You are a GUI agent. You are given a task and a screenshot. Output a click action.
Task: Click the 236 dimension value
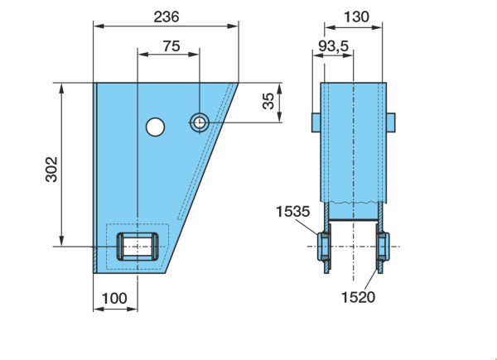point(166,17)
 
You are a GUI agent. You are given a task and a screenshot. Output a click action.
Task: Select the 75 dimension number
point(171,46)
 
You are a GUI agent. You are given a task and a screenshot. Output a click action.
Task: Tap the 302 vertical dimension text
point(51,169)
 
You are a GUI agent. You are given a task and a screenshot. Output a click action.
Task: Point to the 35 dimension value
point(268,101)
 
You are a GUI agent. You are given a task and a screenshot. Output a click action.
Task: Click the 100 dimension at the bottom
point(114,298)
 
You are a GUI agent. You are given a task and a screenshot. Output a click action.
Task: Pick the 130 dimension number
point(356,17)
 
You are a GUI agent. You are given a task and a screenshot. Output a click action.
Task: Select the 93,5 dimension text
point(334,46)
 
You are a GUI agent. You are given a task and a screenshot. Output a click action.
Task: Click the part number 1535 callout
point(293,212)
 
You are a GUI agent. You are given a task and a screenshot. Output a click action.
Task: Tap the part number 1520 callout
point(358,297)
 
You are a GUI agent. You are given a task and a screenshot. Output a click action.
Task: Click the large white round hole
point(156,127)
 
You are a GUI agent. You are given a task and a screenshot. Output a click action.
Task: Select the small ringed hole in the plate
point(199,122)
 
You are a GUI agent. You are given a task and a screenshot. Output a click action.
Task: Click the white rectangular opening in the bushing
point(138,247)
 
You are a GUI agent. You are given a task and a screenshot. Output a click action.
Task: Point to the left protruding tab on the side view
point(316,122)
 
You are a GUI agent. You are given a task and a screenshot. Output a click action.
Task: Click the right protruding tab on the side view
point(391,122)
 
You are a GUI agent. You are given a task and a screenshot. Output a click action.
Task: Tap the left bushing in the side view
point(324,247)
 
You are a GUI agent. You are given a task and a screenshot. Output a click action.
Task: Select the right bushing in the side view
point(383,247)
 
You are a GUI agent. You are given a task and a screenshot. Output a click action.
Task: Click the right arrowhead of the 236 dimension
point(233,26)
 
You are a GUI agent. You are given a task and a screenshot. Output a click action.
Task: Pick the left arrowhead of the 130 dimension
point(330,27)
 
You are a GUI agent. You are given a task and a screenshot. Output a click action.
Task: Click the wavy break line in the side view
point(353,202)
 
